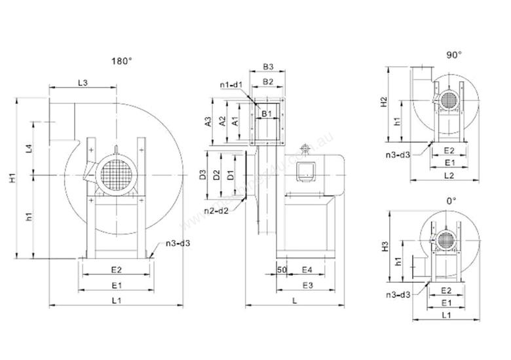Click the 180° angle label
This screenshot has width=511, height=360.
click(122, 62)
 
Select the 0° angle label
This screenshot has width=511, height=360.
click(450, 200)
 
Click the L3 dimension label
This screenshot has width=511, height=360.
click(84, 82)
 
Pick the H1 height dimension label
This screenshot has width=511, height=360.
click(12, 177)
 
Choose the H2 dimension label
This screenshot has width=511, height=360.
click(385, 103)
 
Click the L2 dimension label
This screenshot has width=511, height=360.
click(449, 175)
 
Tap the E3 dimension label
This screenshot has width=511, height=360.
click(306, 285)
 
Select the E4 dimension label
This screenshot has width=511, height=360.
click(306, 269)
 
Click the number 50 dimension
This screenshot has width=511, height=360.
click(282, 269)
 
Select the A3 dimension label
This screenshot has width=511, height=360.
click(207, 121)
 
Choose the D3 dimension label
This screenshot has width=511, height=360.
click(203, 175)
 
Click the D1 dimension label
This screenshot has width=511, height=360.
click(229, 175)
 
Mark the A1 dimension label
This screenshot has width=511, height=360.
click(236, 120)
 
